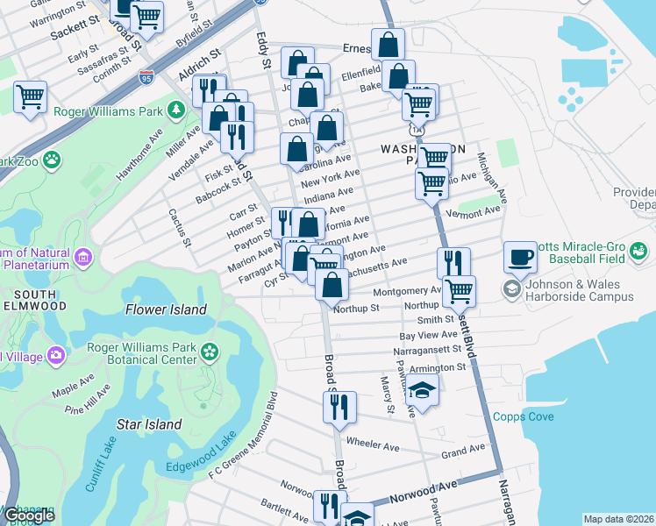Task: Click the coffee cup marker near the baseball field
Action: point(520,257)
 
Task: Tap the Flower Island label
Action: point(166,309)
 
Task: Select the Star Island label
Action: point(149,424)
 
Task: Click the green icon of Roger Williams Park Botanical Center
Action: point(210,352)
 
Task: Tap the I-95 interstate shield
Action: point(145,75)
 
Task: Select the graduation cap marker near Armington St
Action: point(422,391)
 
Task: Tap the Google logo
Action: point(29,515)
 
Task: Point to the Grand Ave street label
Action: point(462,451)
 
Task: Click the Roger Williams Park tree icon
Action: point(176,110)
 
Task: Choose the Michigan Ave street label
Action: point(492,175)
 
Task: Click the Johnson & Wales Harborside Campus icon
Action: point(511,288)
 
